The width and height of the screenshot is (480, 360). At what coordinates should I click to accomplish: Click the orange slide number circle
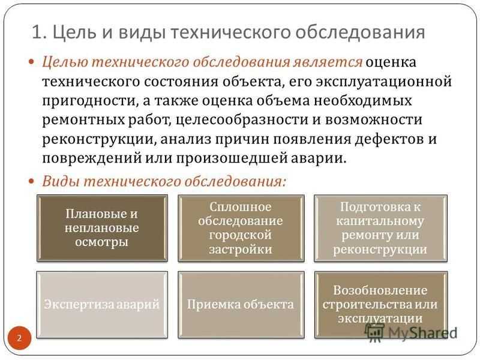tap(19, 338)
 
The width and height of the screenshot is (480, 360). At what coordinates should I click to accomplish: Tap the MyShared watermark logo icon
tap(374, 332)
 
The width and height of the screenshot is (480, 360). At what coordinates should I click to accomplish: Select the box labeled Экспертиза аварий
tap(102, 305)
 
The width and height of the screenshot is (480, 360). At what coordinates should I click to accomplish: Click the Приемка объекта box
tap(241, 305)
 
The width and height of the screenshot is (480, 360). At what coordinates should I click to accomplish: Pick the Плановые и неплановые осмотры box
tap(102, 228)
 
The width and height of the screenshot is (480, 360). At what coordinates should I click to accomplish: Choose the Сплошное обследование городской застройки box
tap(241, 228)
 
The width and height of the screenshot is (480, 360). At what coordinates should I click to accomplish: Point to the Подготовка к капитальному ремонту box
tap(380, 228)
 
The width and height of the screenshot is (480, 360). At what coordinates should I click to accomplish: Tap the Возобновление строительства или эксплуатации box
tap(381, 305)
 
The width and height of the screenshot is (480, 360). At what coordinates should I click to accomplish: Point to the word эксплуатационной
tap(384, 82)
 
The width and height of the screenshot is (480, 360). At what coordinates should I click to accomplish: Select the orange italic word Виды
tap(61, 181)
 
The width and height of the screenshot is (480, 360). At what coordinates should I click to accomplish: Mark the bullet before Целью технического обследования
tap(32, 62)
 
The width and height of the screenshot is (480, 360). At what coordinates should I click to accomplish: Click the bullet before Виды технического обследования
tap(32, 181)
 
